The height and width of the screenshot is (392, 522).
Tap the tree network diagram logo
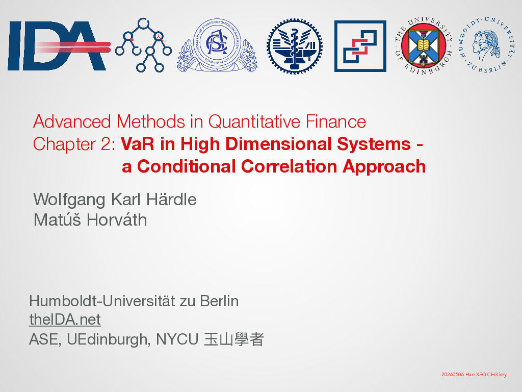point(143,45)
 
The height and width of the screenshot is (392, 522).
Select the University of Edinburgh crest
point(424,45)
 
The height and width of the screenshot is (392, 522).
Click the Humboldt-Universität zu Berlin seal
point(486,45)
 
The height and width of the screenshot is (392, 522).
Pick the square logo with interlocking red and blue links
point(360,46)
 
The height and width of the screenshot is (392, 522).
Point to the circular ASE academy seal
point(217,45)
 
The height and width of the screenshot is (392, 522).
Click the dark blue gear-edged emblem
point(295,46)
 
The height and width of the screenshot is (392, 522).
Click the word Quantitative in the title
point(254,121)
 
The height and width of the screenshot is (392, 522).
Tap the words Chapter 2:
point(74,144)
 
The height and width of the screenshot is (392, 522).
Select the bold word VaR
point(138,144)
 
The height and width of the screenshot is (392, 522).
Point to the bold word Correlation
point(289,166)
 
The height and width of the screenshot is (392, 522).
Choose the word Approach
point(384,167)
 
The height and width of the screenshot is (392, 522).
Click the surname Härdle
point(171,200)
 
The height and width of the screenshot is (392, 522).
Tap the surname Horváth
point(117,220)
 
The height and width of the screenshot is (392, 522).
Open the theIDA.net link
point(65,320)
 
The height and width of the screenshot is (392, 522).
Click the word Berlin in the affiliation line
point(219,301)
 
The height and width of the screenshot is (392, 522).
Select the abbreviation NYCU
point(177,339)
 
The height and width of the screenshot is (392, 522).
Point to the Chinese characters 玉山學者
point(233,339)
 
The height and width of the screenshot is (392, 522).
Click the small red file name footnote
point(474,374)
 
